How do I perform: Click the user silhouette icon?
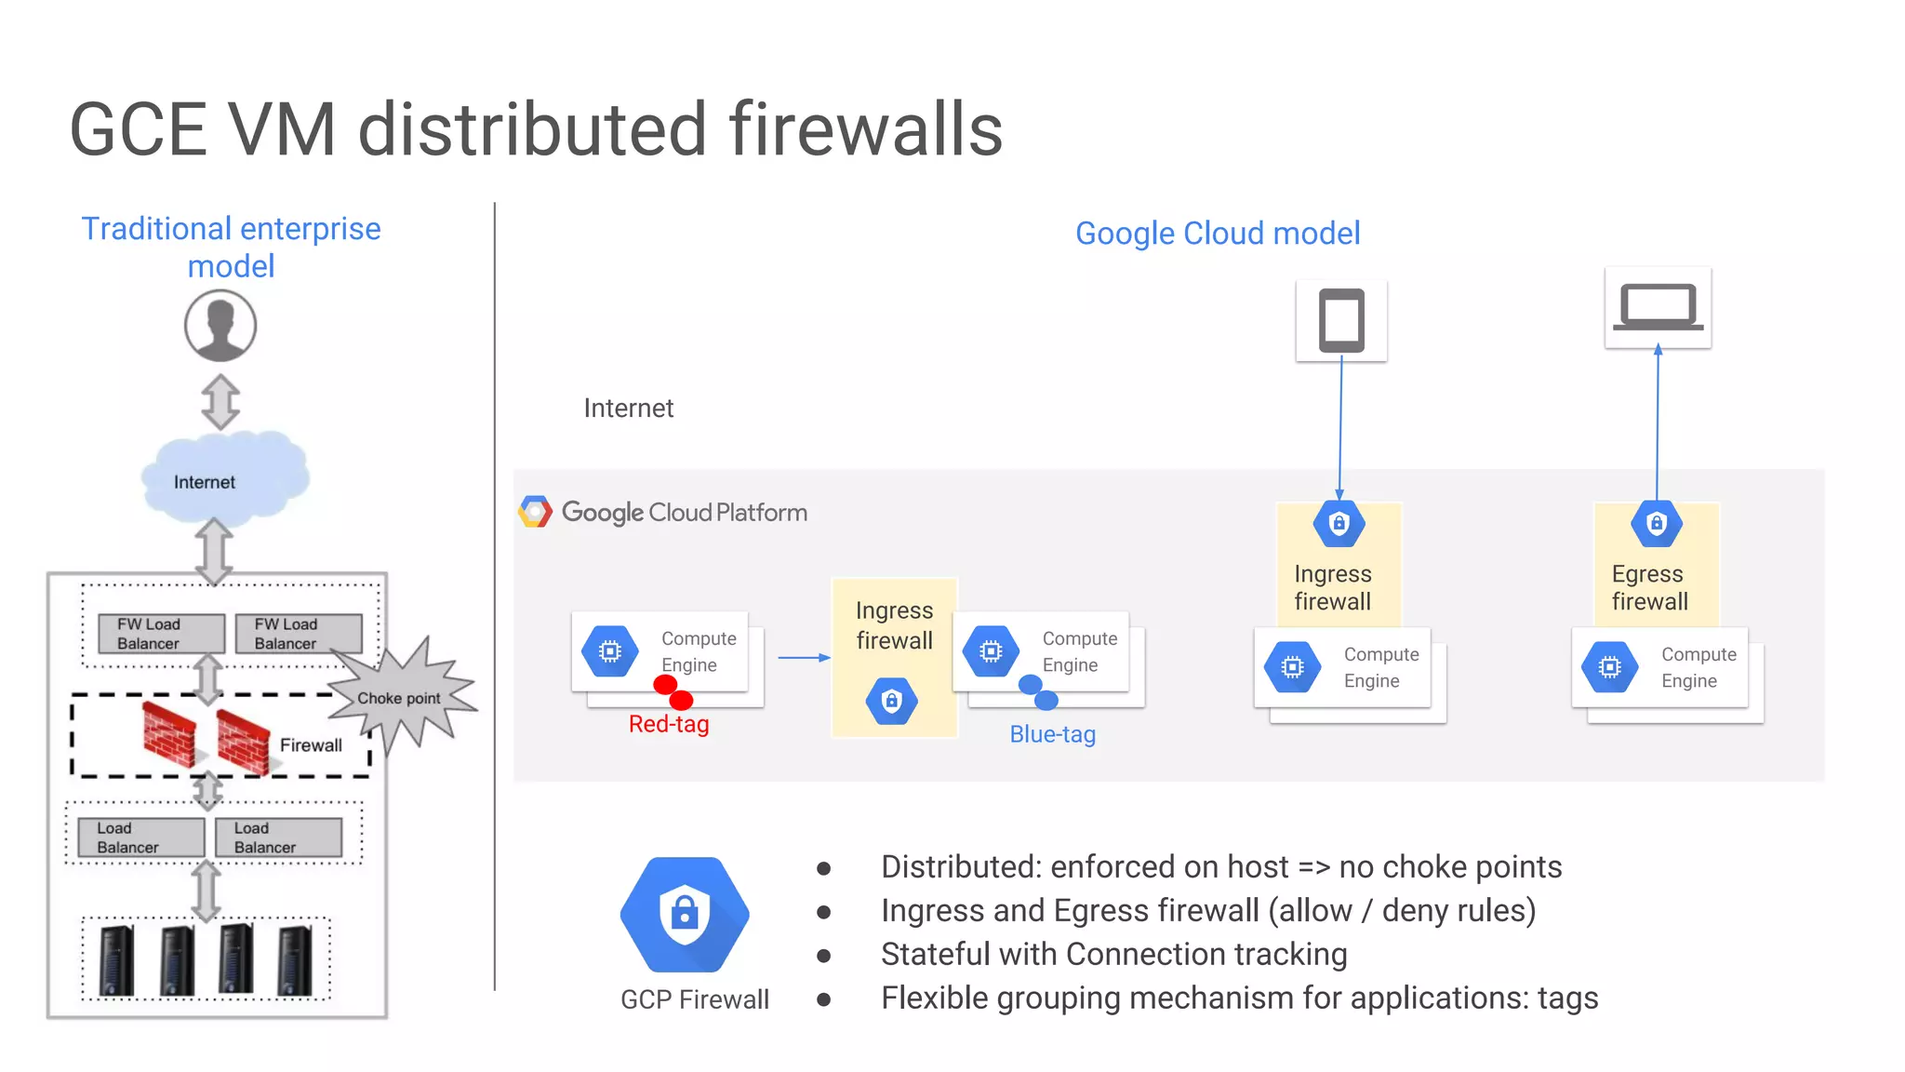[x=220, y=326]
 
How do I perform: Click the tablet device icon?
[x=1341, y=321]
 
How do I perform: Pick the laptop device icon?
[x=1658, y=308]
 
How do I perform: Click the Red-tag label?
[x=669, y=724]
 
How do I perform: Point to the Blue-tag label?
[x=1052, y=734]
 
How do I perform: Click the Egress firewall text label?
[x=1649, y=587]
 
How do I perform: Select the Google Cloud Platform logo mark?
[x=535, y=512]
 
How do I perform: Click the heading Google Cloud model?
[x=1218, y=234]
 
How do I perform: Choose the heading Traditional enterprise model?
[x=232, y=248]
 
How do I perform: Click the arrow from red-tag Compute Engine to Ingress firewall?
[x=803, y=658]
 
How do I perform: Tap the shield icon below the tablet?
[x=1339, y=524]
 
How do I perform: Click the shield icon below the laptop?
[x=1657, y=524]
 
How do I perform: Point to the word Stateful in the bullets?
[x=939, y=955]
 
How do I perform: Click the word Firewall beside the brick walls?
[x=311, y=745]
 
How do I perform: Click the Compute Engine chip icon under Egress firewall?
[x=1610, y=667]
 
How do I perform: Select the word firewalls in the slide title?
[x=866, y=129]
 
